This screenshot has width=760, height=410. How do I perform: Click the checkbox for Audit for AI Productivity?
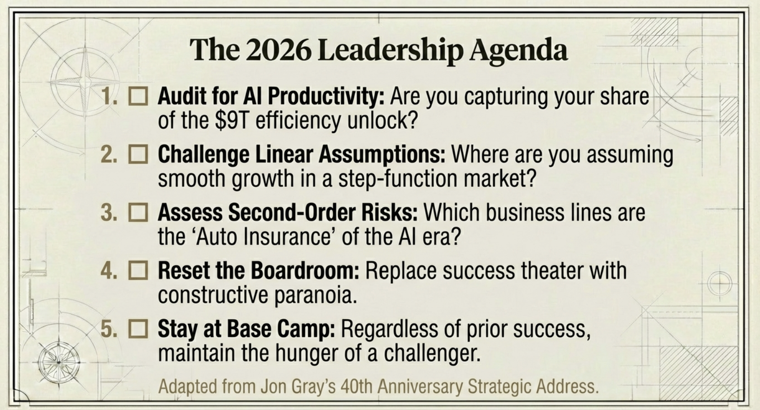[x=138, y=96]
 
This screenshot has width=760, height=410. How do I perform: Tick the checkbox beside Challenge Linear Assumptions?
[x=138, y=155]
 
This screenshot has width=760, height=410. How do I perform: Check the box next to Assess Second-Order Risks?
[x=138, y=213]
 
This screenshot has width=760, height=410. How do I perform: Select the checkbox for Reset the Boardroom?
[x=138, y=271]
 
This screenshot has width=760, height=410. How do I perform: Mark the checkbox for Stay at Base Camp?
[x=138, y=329]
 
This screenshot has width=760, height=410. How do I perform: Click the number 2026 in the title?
[x=278, y=50]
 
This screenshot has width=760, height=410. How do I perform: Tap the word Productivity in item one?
[x=326, y=97]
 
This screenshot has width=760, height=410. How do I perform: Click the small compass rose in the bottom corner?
[x=59, y=363]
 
